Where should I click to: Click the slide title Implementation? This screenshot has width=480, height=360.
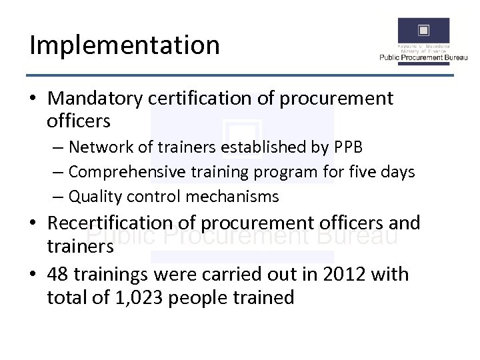click(x=125, y=45)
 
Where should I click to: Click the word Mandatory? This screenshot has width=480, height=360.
click(x=95, y=99)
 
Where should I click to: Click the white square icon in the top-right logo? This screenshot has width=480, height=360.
click(x=423, y=30)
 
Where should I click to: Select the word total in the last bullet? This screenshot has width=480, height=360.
click(x=67, y=297)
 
